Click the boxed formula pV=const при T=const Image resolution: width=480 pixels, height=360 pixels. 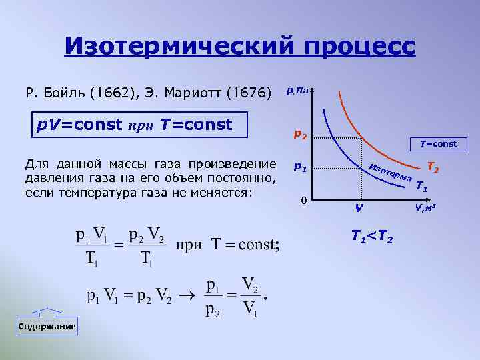(141, 124)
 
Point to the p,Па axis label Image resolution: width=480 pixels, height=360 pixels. (297, 91)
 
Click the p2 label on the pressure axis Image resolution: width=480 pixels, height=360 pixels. (300, 136)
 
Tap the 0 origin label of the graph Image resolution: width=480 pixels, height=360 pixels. (303, 200)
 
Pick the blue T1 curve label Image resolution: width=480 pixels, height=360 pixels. (421, 187)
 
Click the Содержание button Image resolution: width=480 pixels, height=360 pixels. (47, 327)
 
